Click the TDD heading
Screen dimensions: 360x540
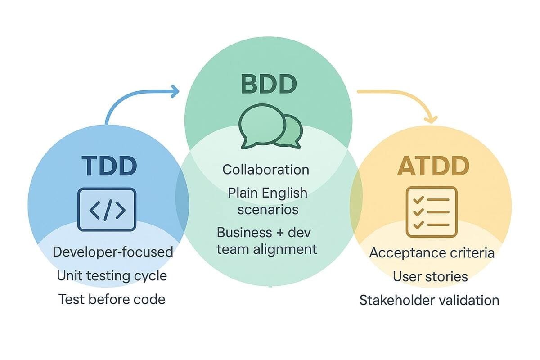tap(109, 166)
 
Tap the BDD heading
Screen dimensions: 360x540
tap(269, 85)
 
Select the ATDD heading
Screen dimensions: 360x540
tap(433, 166)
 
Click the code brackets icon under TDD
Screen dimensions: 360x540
tap(107, 210)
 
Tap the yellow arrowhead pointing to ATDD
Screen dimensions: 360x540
tap(431, 120)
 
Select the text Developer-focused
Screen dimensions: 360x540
tap(113, 252)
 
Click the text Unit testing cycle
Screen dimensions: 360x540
tap(112, 275)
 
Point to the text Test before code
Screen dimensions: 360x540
tap(112, 299)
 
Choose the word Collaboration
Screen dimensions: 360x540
tap(266, 170)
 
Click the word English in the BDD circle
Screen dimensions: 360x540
tap(285, 193)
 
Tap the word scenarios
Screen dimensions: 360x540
tap(268, 209)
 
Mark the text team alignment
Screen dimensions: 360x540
tap(267, 248)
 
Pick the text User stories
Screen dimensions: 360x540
tap(430, 276)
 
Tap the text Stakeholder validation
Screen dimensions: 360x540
tap(429, 300)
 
